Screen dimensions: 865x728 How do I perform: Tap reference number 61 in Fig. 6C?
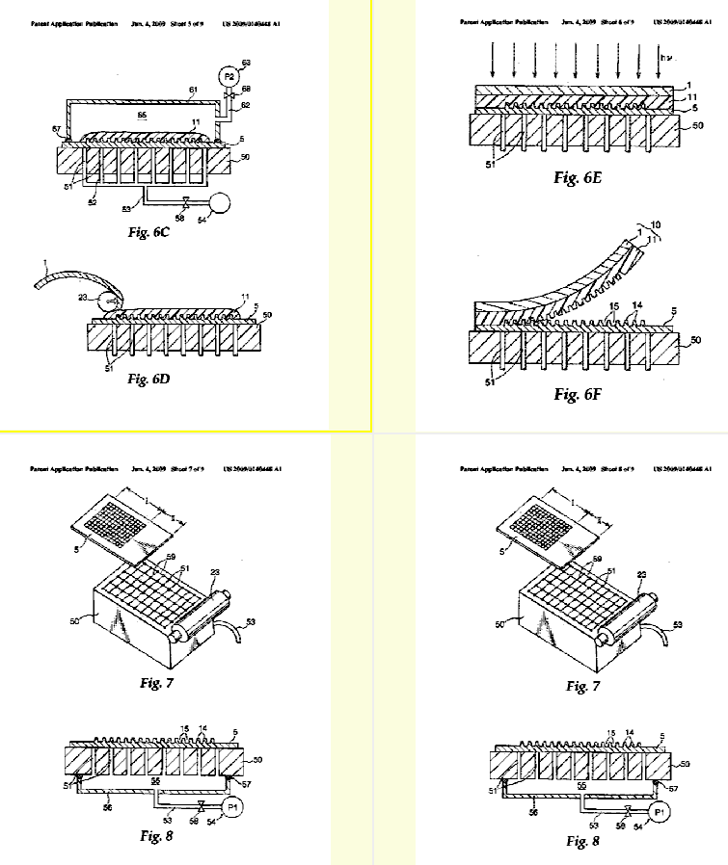pos(192,91)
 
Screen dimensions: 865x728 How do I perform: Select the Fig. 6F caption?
pos(578,394)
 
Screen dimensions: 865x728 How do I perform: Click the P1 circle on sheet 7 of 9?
pos(231,807)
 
